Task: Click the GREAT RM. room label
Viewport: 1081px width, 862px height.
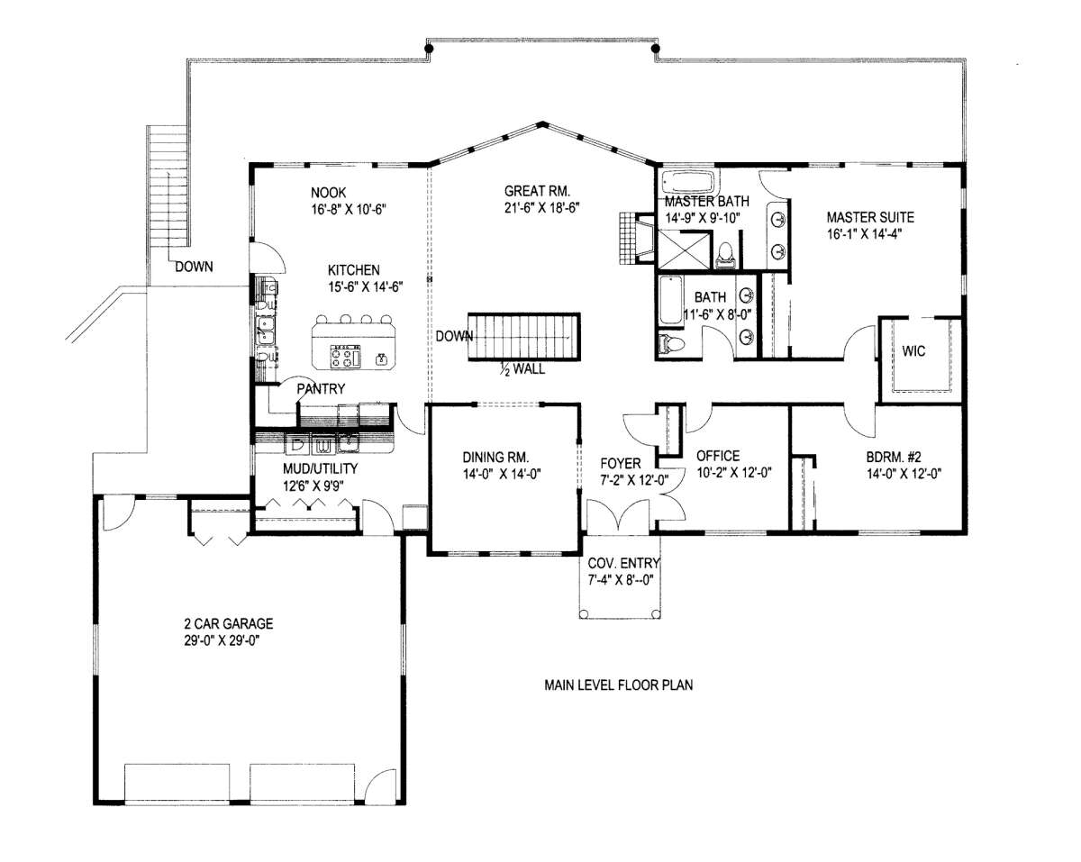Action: pyautogui.click(x=537, y=191)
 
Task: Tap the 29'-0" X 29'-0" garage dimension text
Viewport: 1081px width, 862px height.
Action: pyautogui.click(x=222, y=641)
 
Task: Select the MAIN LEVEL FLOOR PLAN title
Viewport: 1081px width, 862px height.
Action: pyautogui.click(x=618, y=685)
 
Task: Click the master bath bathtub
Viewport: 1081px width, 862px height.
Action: pyautogui.click(x=690, y=182)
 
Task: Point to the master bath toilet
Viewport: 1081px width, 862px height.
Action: pyautogui.click(x=724, y=254)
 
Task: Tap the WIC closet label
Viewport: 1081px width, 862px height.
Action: pyautogui.click(x=913, y=350)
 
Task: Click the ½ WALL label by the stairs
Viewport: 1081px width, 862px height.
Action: pyautogui.click(x=522, y=369)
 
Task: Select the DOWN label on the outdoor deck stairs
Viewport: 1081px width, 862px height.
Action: pyautogui.click(x=194, y=267)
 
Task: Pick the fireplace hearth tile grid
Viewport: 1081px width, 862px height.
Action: pyautogui.click(x=627, y=238)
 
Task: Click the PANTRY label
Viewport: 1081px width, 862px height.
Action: pyautogui.click(x=321, y=388)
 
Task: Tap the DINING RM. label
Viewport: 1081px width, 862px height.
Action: pyautogui.click(x=495, y=458)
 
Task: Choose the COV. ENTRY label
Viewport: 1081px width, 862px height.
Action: pyautogui.click(x=623, y=563)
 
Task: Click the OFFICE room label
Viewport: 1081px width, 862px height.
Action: pyautogui.click(x=718, y=456)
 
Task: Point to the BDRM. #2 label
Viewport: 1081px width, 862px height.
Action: pyautogui.click(x=894, y=457)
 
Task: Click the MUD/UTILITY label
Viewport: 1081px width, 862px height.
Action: pyautogui.click(x=321, y=468)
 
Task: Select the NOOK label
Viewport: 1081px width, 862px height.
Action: pyautogui.click(x=329, y=192)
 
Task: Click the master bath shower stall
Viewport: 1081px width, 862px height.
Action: pyautogui.click(x=684, y=250)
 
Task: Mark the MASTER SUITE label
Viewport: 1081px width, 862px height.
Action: pyautogui.click(x=870, y=217)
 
